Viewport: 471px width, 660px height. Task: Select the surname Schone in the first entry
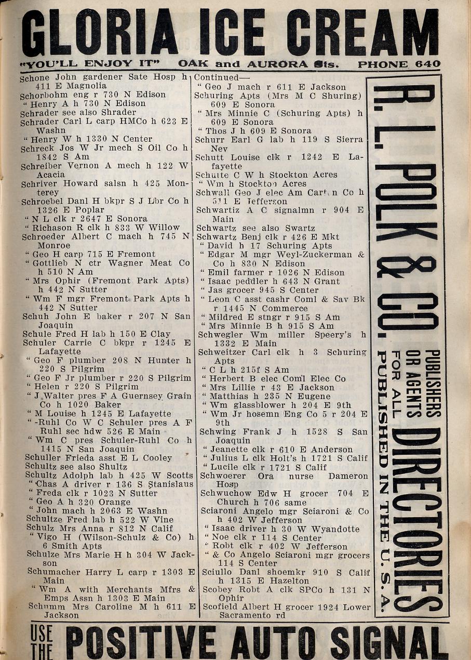(x=34, y=77)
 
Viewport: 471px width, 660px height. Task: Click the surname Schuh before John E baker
(x=35, y=316)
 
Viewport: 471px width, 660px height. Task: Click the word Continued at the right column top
(x=213, y=77)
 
